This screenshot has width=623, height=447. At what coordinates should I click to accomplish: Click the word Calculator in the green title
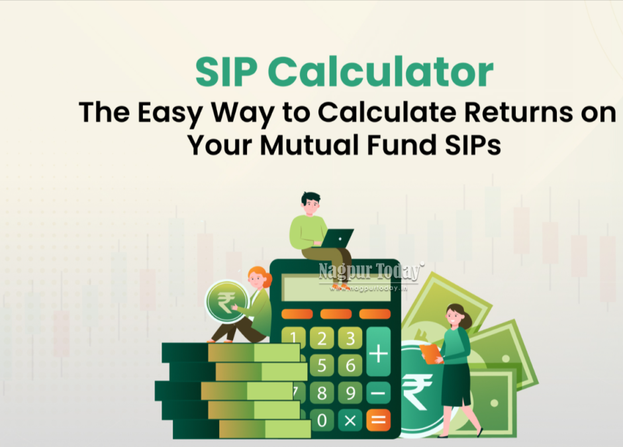(381, 72)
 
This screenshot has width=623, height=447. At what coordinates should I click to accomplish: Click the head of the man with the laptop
(311, 204)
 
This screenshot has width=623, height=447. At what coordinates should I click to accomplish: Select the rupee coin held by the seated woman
(226, 302)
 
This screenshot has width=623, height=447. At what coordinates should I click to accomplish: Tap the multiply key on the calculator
(350, 421)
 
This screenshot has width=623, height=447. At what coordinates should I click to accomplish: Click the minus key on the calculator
(378, 393)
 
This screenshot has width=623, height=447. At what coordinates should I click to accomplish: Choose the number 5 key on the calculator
(322, 365)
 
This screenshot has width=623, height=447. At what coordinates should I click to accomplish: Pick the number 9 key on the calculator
(350, 393)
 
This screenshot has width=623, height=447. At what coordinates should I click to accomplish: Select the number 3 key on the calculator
(350, 338)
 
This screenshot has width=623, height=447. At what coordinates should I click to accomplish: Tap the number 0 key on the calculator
(322, 421)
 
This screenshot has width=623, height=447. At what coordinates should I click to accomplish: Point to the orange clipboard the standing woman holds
(432, 354)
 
